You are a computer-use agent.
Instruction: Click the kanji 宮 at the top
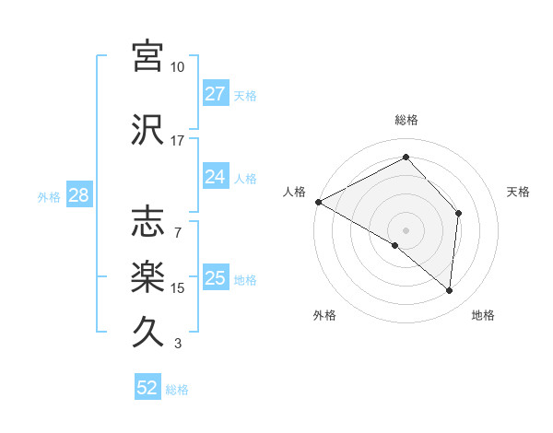click(x=147, y=56)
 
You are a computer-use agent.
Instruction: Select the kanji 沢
click(x=147, y=130)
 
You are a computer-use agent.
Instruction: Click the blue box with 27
click(x=215, y=94)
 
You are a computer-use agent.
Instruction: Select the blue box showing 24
click(x=215, y=177)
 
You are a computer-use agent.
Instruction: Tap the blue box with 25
click(x=215, y=278)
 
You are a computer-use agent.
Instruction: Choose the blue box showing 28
click(x=78, y=195)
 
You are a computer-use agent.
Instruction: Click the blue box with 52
click(x=147, y=388)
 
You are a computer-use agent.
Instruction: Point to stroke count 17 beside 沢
click(x=177, y=141)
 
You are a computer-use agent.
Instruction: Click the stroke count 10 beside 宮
click(x=177, y=67)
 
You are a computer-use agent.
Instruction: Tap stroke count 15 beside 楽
click(x=177, y=288)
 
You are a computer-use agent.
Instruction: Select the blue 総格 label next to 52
click(x=177, y=390)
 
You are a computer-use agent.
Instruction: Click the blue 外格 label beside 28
click(x=49, y=196)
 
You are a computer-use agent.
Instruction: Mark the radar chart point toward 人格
click(x=318, y=202)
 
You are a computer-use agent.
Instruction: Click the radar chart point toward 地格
click(x=449, y=291)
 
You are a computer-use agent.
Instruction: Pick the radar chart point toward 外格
click(x=395, y=245)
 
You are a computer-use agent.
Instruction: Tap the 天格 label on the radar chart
click(x=518, y=192)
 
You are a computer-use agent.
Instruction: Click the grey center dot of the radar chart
click(x=406, y=229)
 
